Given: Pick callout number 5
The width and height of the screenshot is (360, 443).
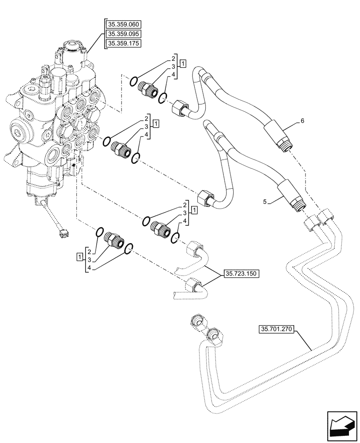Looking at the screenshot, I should point(265,202).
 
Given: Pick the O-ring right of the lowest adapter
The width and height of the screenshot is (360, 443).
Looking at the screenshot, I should point(129,249).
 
